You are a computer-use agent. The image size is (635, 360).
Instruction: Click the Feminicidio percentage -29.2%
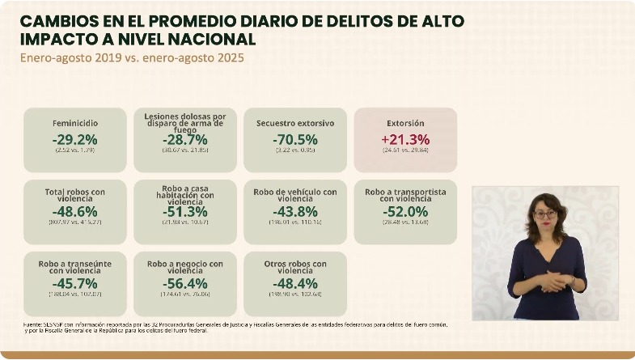tap(75, 139)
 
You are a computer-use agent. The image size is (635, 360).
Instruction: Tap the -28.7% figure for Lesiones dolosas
tap(185, 139)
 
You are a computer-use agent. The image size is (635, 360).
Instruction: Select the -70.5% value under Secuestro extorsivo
tap(295, 139)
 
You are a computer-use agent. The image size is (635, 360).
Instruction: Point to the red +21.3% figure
tap(405, 139)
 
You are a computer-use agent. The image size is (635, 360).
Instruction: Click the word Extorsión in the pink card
tap(405, 124)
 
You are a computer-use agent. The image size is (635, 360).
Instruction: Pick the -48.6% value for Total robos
tap(75, 211)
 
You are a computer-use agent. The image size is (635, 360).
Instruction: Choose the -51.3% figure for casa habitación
tap(185, 211)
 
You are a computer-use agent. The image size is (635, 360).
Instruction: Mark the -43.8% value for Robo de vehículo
tap(295, 211)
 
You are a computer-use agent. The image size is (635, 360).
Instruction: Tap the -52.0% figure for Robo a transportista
tap(405, 211)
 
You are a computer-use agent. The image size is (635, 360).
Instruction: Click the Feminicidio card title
tap(75, 124)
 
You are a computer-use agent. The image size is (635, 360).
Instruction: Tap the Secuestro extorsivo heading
tap(295, 124)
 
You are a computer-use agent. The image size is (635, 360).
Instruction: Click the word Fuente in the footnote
tap(34, 324)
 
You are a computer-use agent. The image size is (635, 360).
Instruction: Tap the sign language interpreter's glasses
tap(545, 214)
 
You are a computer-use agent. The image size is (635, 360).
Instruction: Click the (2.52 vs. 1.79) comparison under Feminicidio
tap(75, 150)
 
